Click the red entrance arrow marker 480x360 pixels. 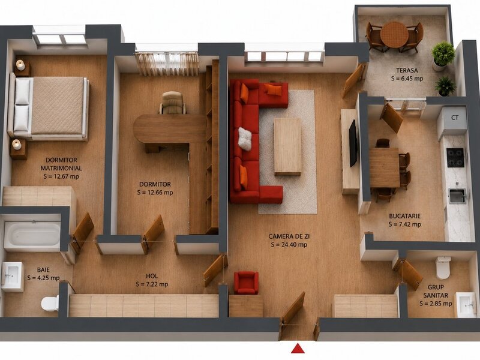[297, 349]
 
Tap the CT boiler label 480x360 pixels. [455, 117]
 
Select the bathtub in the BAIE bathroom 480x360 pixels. [32, 234]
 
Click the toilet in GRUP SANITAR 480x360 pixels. [443, 268]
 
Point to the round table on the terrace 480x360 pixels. [395, 34]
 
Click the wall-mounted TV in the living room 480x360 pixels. [353, 143]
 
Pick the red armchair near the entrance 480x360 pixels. [246, 283]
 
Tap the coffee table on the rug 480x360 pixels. [288, 146]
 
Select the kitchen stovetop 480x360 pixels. [455, 158]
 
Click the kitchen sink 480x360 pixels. [457, 196]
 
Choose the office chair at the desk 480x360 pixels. [172, 103]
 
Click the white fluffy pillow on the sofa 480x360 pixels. [245, 139]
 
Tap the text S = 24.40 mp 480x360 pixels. [289, 245]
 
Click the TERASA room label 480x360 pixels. [407, 70]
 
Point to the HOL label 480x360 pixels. [152, 276]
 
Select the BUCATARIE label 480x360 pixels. [404, 216]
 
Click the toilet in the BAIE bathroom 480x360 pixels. [50, 303]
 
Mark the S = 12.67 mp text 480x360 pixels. [61, 176]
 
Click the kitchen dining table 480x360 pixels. [385, 167]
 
